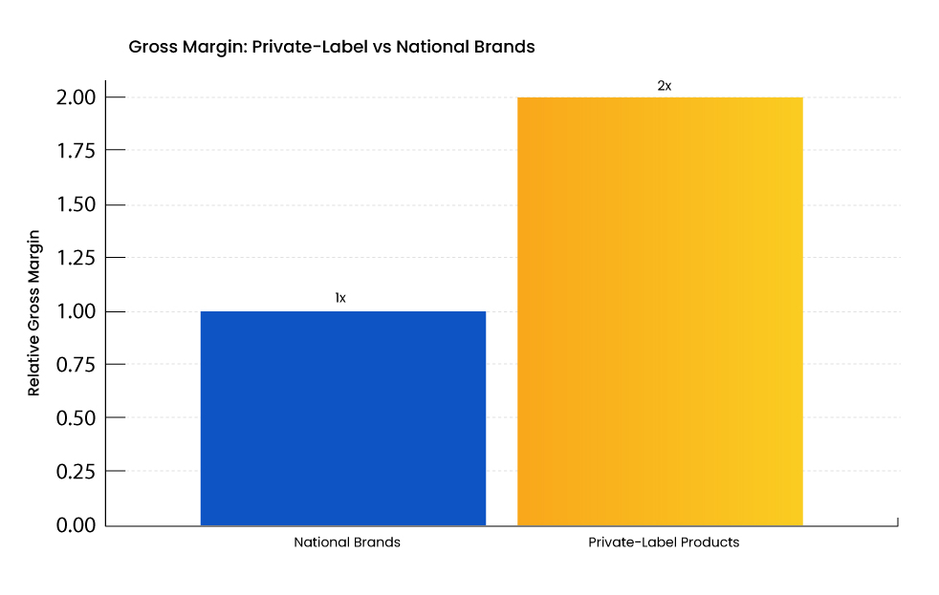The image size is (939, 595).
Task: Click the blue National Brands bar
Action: tap(342, 418)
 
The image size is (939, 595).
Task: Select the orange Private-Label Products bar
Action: tap(660, 311)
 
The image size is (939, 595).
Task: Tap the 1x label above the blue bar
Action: tap(340, 298)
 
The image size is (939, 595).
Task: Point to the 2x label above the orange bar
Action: tap(664, 85)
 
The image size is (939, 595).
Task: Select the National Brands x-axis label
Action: tap(346, 542)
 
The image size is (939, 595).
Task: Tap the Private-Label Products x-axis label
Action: tap(664, 542)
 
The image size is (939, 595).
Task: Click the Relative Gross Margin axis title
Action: tap(34, 312)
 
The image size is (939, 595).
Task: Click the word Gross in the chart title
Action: tap(150, 46)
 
